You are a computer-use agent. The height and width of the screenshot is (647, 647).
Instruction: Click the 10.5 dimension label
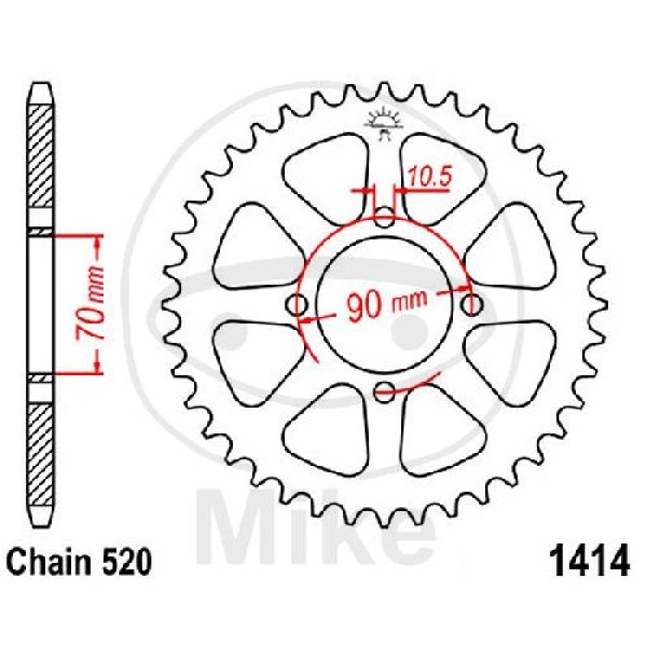point(430,176)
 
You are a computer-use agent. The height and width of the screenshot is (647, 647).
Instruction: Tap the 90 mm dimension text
point(387,305)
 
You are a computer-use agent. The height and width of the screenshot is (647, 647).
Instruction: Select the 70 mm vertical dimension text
point(90,303)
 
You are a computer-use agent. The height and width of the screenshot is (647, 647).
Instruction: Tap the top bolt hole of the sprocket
point(385,218)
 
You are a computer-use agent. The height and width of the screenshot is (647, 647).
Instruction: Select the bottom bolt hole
point(385,391)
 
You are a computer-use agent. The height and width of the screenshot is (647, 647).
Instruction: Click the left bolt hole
point(297,306)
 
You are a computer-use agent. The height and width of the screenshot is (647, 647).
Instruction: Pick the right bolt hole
point(472,306)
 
